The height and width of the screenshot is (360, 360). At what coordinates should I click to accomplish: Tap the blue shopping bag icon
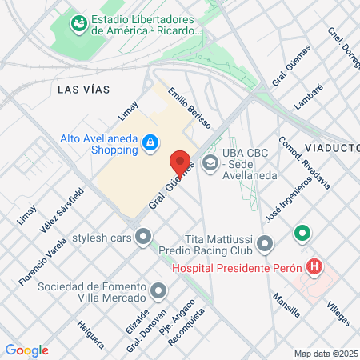pos(149,142)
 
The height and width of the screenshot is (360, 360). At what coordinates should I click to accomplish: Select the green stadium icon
pos(78,24)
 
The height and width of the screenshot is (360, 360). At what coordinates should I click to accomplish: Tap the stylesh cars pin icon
pos(143,237)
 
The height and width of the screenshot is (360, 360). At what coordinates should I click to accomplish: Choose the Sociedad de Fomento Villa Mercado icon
pos(158,290)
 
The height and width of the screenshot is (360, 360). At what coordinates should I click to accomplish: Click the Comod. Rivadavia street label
pos(303,162)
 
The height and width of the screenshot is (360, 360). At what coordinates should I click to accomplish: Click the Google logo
pos(26,350)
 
